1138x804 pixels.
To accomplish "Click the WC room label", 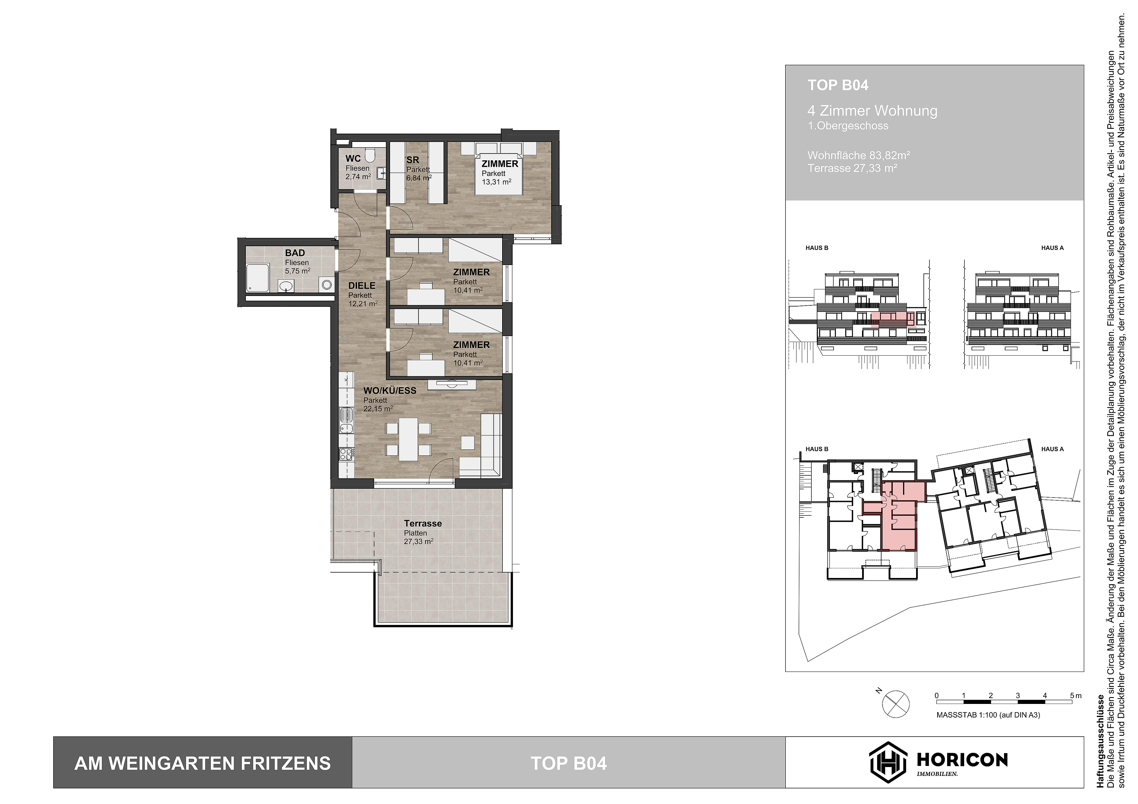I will coord(353,159).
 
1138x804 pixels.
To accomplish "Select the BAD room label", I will coord(295,253).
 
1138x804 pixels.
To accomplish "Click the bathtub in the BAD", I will coord(258,278).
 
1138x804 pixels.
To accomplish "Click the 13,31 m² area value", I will coord(496,182).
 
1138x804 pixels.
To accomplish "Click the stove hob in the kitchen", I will coord(345,453).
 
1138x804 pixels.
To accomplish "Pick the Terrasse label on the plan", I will coord(423,524).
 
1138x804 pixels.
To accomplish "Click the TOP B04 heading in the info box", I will coord(838,85).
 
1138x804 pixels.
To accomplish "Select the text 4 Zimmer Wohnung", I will coord(872,111).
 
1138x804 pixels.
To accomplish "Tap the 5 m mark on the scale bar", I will coord(1074,695).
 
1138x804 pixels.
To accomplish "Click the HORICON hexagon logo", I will coord(888,763).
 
